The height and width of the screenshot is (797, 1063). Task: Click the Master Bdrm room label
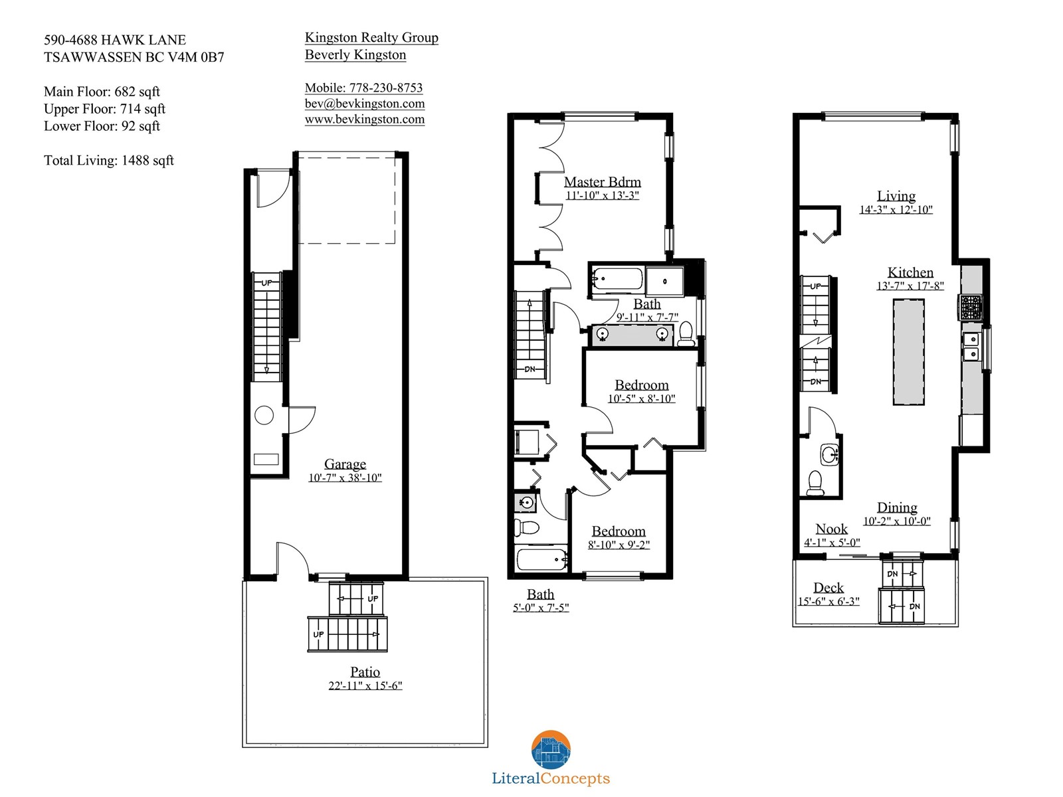click(602, 182)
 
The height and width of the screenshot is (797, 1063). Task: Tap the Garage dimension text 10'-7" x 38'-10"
click(345, 478)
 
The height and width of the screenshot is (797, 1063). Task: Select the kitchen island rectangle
click(908, 352)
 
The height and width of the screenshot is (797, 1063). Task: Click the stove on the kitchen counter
click(970, 308)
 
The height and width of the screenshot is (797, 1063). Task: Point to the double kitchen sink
click(971, 347)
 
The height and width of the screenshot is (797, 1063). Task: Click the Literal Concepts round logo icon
click(551, 750)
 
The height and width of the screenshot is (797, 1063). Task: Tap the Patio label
click(365, 671)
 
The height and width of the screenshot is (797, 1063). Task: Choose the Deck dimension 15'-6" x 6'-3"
click(828, 602)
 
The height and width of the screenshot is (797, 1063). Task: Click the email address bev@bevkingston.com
click(365, 104)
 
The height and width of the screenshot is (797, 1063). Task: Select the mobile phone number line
click(363, 88)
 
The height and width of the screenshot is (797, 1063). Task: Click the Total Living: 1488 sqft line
click(108, 161)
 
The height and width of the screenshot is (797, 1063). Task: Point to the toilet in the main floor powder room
click(815, 483)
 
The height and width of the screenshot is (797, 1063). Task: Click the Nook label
click(832, 529)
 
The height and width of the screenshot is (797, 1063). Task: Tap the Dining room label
click(897, 507)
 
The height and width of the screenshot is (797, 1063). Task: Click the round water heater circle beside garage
click(264, 415)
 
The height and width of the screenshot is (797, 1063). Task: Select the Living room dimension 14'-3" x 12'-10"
click(896, 209)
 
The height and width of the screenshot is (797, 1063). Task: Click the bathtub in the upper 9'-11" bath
click(617, 279)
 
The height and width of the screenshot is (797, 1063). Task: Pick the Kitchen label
click(910, 272)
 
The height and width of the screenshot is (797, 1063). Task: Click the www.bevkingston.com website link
click(365, 120)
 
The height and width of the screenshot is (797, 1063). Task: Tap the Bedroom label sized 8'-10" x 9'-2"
click(619, 531)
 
